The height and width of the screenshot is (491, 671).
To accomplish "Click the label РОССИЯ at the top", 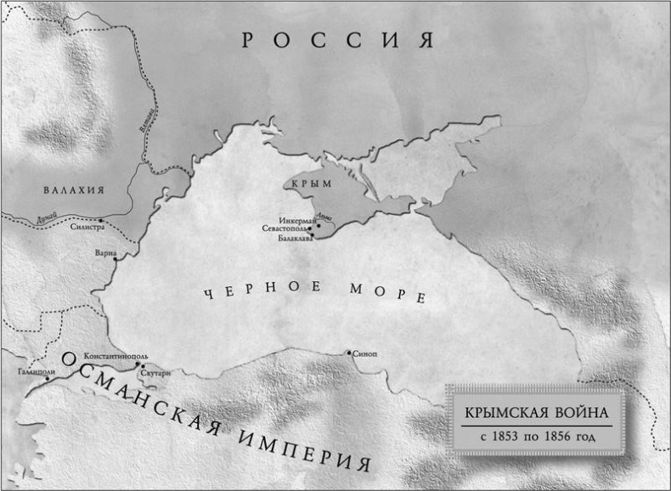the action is click(337, 40).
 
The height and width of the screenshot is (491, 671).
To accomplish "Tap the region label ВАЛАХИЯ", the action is click(74, 190).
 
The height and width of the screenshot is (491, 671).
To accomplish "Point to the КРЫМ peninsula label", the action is click(309, 183).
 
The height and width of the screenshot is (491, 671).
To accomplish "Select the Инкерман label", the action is click(293, 222).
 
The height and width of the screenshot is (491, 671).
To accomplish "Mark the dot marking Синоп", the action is click(348, 352).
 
